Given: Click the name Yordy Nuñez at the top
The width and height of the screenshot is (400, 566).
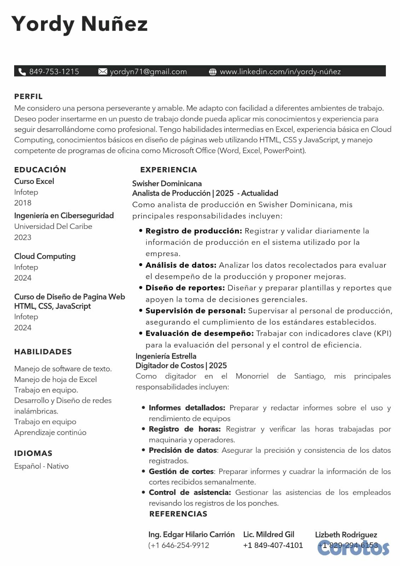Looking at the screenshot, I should (x=79, y=24).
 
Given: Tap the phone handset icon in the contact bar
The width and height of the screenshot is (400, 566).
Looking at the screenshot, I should (x=22, y=72).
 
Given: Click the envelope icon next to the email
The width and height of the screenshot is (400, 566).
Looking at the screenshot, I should (x=103, y=72).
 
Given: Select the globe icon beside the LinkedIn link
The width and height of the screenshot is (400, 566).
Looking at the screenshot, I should (x=213, y=72).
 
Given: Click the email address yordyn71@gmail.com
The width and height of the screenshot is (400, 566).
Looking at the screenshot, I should (x=148, y=72).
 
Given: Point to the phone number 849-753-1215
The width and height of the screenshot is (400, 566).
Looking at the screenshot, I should (x=54, y=72).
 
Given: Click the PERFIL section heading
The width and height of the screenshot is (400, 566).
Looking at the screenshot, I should (x=28, y=97).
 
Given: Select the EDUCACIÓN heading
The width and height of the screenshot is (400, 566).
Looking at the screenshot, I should (x=40, y=170).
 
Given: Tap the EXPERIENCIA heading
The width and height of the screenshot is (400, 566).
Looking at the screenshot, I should (x=168, y=170).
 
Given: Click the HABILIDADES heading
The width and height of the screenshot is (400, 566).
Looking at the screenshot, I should (x=43, y=352).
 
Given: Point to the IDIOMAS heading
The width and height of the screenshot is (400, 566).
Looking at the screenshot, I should (x=33, y=453).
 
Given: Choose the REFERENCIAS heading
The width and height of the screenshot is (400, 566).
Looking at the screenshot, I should (x=178, y=514).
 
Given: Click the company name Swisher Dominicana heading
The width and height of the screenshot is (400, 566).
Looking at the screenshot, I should (x=167, y=184).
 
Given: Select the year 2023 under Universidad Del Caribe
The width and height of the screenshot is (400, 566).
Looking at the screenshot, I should (x=23, y=237).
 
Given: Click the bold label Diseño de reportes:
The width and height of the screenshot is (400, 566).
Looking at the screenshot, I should (x=185, y=288).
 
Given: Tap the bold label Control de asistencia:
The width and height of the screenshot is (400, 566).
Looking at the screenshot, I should (x=190, y=492).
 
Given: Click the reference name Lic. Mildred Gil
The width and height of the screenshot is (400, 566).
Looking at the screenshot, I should (x=269, y=535).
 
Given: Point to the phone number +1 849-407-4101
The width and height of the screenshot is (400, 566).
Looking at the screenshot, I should (x=273, y=545).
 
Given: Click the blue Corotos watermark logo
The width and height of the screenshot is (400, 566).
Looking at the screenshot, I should (x=353, y=548).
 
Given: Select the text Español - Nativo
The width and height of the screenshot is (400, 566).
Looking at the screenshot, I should (x=41, y=466).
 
